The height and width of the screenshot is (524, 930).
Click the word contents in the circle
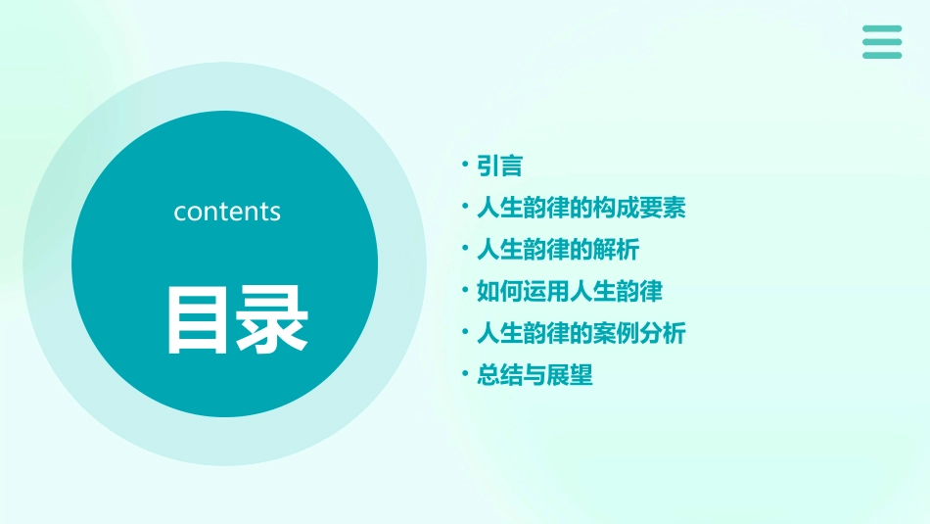(x=227, y=212)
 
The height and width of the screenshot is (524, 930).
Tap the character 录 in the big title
(x=270, y=319)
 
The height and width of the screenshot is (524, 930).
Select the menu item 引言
(x=499, y=167)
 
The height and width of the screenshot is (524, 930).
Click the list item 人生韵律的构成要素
(x=581, y=208)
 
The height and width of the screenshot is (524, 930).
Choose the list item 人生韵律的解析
(x=557, y=250)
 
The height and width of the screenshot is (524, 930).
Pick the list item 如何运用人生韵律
(x=569, y=291)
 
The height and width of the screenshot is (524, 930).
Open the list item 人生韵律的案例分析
(x=581, y=333)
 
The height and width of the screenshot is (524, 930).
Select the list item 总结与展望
(x=535, y=375)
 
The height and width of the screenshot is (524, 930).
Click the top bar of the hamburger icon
(x=882, y=28)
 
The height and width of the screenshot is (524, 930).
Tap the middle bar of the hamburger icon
(x=882, y=42)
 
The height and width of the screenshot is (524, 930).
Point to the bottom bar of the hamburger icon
(x=882, y=55)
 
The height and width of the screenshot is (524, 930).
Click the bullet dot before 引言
(x=466, y=167)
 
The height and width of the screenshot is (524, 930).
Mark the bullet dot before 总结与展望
(x=466, y=375)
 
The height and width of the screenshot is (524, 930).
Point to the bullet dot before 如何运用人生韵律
(x=466, y=291)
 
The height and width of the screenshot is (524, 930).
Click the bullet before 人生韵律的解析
(x=466, y=250)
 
